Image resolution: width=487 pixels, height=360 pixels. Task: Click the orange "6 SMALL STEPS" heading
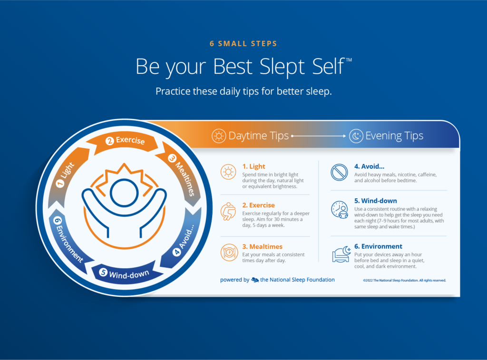coord(243,44)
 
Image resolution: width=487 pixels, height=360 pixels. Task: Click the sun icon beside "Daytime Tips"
coord(219,136)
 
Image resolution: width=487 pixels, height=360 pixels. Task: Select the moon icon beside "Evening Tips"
coord(356,136)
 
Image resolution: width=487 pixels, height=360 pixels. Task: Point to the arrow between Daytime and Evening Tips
coord(318,136)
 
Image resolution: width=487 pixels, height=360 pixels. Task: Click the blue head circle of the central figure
coord(124,193)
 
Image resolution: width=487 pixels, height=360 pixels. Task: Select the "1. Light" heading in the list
coord(254,166)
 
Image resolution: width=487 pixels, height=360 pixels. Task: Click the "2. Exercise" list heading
coord(258,205)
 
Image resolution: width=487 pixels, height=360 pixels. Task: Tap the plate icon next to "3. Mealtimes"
coord(229,252)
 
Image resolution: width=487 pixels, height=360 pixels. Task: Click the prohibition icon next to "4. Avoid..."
coord(339,172)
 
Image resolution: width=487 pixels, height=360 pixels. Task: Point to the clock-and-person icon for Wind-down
coord(340,210)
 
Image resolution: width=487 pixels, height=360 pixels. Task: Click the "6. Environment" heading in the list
coord(378,246)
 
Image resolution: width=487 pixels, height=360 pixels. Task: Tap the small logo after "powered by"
coord(255,280)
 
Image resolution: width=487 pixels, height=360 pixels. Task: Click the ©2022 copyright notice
coord(404,281)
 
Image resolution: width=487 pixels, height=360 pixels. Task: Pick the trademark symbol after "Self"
coord(349,59)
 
